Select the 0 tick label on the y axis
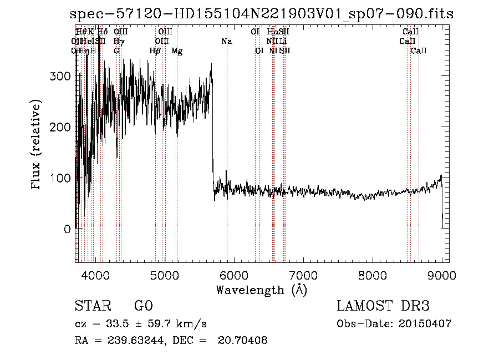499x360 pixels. click(x=68, y=229)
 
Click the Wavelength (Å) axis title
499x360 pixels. click(x=261, y=290)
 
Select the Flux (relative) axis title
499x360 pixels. click(x=37, y=145)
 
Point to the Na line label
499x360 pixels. click(x=226, y=41)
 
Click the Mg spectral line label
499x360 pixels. click(x=177, y=51)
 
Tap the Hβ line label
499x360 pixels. click(x=155, y=51)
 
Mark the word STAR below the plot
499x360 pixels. click(x=92, y=306)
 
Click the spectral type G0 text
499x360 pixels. click(x=143, y=306)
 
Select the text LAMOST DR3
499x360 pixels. click(x=383, y=306)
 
